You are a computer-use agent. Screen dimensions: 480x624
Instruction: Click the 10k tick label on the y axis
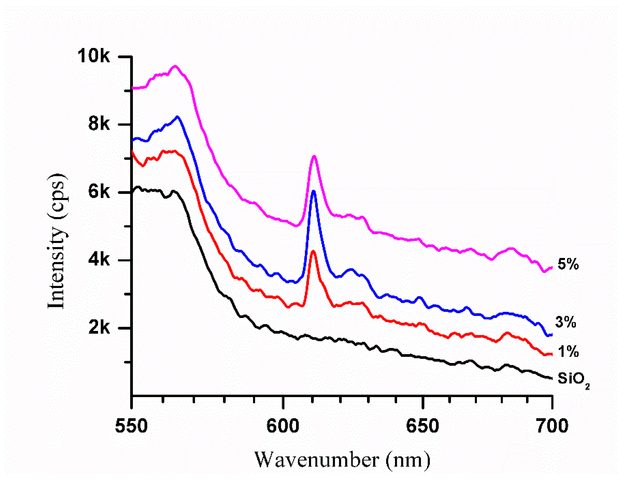[x=93, y=56]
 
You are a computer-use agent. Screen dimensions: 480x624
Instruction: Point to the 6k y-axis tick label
[x=99, y=192]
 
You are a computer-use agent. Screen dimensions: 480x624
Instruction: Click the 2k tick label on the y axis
[x=99, y=327]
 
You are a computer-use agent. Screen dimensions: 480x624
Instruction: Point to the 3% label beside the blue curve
[x=566, y=322]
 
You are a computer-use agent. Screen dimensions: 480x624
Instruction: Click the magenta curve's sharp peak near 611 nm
[x=314, y=156]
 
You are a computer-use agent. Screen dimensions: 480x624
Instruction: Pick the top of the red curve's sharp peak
[x=313, y=251]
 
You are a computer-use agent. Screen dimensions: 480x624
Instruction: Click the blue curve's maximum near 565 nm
[x=177, y=116]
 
